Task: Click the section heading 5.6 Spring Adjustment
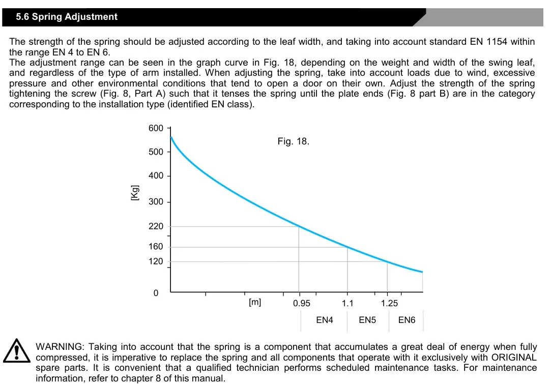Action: (67, 17)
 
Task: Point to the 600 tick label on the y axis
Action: (156, 128)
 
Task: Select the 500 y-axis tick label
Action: (156, 152)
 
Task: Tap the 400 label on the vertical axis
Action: (156, 176)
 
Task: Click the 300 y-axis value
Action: (156, 202)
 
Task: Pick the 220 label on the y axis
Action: (156, 226)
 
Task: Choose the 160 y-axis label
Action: (156, 247)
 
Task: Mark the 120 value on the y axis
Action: (156, 261)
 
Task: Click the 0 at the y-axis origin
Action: (156, 293)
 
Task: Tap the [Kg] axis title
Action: (135, 193)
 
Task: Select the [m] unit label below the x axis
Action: (255, 303)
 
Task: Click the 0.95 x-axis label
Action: (302, 304)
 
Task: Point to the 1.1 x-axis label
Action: (348, 304)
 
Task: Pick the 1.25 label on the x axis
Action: (390, 304)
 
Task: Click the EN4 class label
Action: (325, 320)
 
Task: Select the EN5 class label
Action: (367, 320)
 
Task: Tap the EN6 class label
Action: (407, 320)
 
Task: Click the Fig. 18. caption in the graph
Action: (293, 141)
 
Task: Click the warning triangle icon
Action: (17, 350)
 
